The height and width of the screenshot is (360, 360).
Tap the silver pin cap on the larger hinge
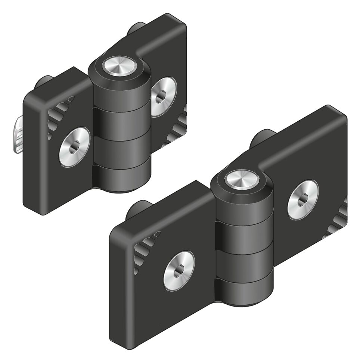(242, 179)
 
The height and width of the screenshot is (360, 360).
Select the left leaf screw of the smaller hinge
(74, 147)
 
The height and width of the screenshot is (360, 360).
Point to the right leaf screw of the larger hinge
(303, 199)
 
